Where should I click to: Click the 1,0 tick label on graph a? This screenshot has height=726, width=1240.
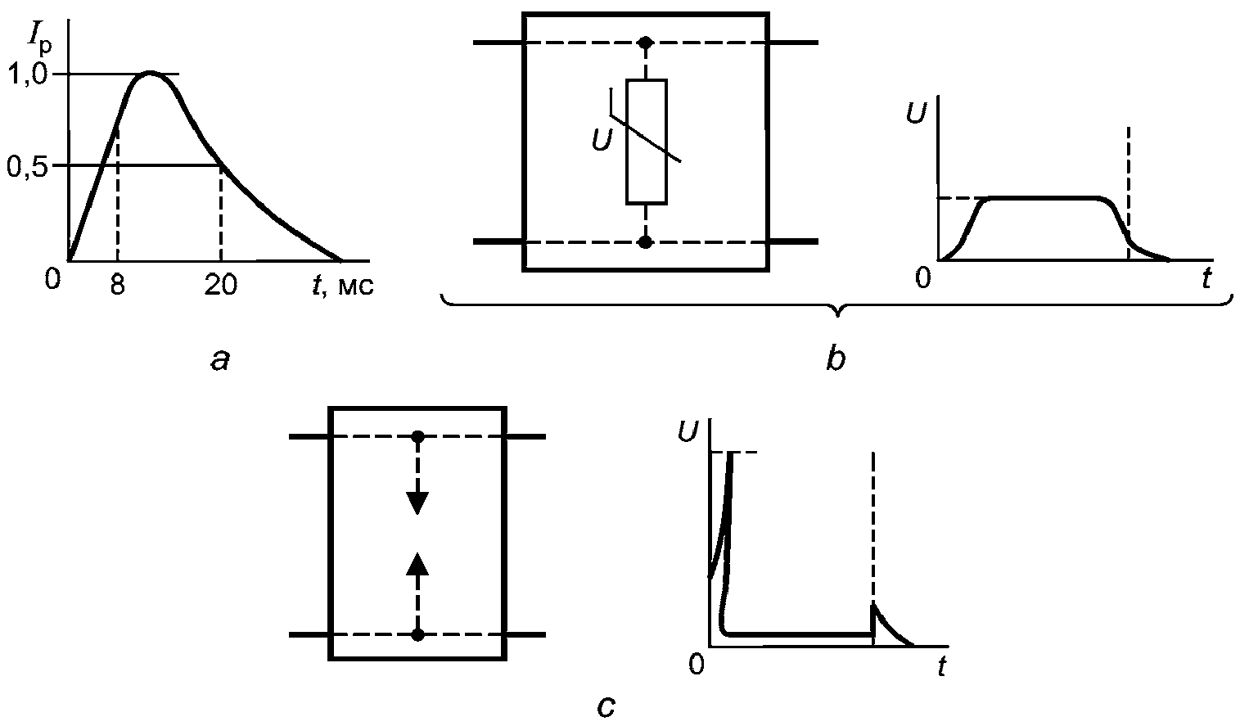click(28, 74)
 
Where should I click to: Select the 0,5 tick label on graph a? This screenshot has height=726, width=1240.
click(28, 165)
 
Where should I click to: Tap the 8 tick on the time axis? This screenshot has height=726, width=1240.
click(117, 286)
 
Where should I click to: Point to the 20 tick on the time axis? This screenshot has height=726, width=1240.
click(221, 286)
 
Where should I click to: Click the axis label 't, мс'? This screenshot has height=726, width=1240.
click(343, 286)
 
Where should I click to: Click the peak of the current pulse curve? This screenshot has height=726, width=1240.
click(150, 72)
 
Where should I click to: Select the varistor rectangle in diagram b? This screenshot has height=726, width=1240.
click(646, 142)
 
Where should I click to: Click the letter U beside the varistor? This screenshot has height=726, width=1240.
click(602, 139)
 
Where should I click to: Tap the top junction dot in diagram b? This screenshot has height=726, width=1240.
click(645, 43)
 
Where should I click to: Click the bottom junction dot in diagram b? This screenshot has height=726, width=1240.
click(645, 242)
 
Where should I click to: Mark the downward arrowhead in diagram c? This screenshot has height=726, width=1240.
click(417, 503)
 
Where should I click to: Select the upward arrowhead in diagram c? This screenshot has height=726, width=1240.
click(417, 564)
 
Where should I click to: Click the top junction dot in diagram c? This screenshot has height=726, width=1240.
click(418, 437)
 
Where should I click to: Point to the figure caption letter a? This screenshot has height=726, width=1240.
click(220, 361)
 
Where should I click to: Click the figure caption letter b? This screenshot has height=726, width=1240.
click(836, 358)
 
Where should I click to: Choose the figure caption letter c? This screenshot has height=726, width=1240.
click(606, 706)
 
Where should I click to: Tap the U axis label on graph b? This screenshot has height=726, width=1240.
click(916, 113)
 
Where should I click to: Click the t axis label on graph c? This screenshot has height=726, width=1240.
click(941, 666)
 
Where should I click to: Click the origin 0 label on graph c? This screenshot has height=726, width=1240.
click(697, 664)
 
